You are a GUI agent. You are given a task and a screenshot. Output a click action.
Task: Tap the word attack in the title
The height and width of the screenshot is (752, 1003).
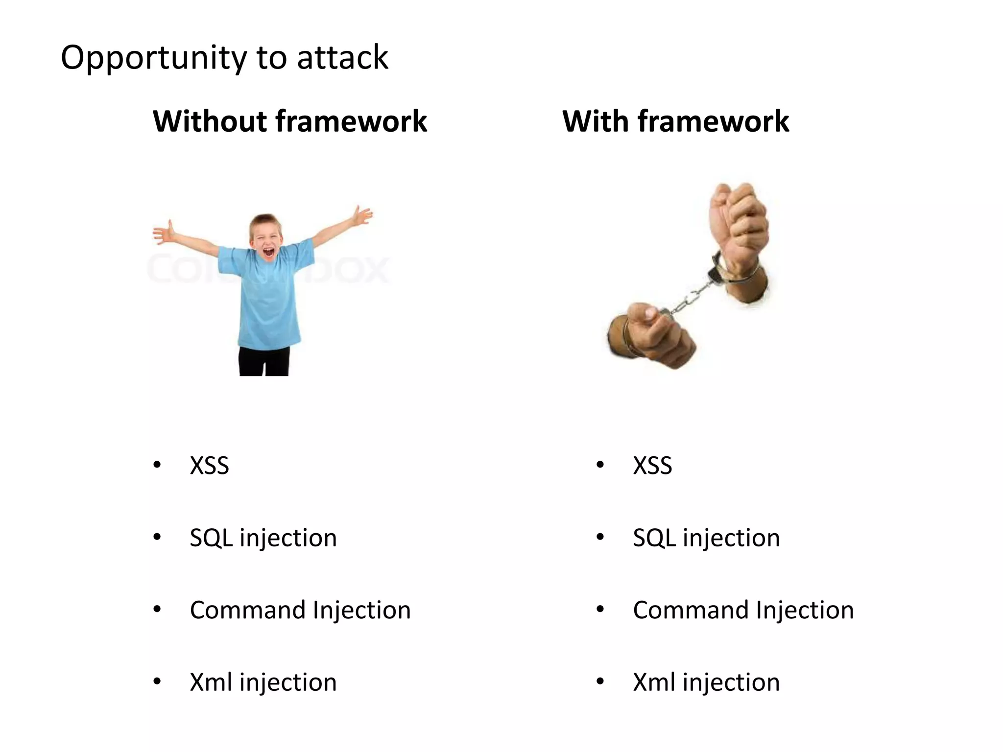click(x=342, y=58)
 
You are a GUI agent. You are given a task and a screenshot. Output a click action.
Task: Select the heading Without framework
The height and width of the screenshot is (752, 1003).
click(x=290, y=121)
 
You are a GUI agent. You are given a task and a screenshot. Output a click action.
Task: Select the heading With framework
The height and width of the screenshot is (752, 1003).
click(x=675, y=121)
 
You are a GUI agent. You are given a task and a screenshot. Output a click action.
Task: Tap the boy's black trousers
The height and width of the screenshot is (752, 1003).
click(x=263, y=362)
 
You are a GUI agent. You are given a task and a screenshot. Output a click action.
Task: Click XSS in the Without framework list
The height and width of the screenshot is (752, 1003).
click(x=209, y=466)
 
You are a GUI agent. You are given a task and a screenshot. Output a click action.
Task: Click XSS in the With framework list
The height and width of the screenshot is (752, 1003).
click(x=652, y=466)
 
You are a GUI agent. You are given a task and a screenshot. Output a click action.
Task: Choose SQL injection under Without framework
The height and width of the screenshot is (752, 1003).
click(x=263, y=538)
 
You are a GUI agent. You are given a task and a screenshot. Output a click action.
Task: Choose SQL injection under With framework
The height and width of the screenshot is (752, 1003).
click(x=706, y=538)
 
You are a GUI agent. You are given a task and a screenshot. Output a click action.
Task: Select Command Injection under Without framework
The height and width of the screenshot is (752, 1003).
click(x=300, y=610)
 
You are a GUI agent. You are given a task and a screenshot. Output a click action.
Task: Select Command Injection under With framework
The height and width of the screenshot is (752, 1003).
click(x=743, y=610)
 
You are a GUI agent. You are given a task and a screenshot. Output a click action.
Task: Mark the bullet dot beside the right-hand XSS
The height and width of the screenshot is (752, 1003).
click(x=600, y=465)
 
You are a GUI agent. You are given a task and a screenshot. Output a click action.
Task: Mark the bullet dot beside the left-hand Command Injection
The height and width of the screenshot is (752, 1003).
click(x=157, y=610)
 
